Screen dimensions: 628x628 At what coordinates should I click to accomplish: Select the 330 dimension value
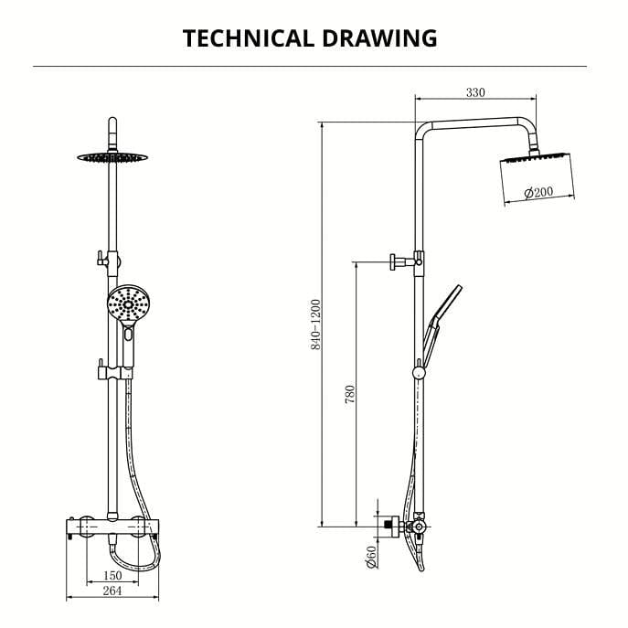click(x=475, y=92)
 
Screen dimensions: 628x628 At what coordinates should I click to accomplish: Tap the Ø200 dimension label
click(x=538, y=192)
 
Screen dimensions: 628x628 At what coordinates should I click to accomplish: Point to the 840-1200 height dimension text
click(x=315, y=325)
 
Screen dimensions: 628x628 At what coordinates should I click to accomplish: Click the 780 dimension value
click(x=349, y=395)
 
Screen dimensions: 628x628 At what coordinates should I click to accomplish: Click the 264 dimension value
click(x=112, y=592)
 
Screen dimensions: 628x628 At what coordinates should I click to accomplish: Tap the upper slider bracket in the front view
click(x=105, y=261)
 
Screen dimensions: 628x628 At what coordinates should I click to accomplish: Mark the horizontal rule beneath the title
click(x=310, y=67)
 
